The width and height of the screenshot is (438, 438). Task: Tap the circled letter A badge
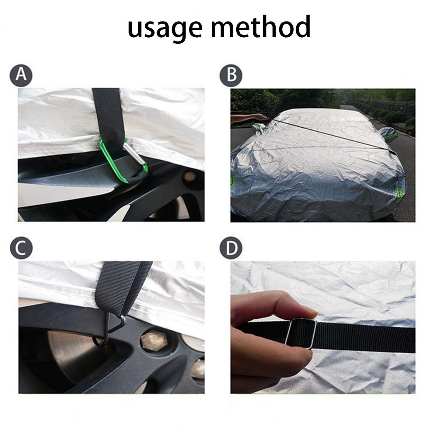pos(21,75)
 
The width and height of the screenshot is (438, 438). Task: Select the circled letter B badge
pos(231,75)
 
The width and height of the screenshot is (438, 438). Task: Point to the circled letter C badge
pos(21,248)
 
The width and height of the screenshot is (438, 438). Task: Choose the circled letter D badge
pos(231,248)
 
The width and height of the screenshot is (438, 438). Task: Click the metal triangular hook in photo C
pos(112,327)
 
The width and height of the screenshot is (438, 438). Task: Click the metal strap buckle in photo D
pos(301,334)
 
